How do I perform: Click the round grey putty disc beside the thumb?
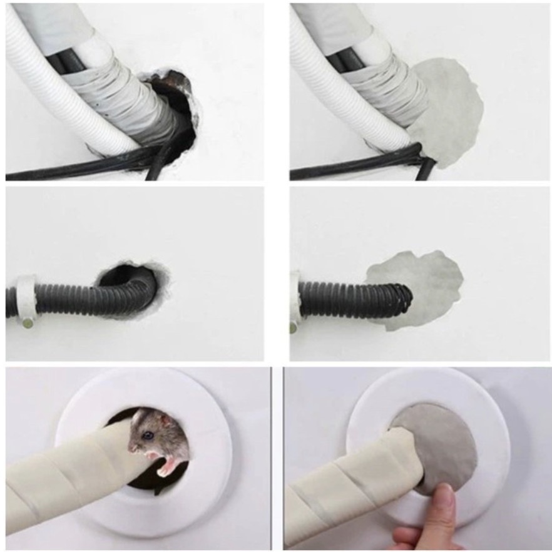[441, 438]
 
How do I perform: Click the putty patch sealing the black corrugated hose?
[426, 282]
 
